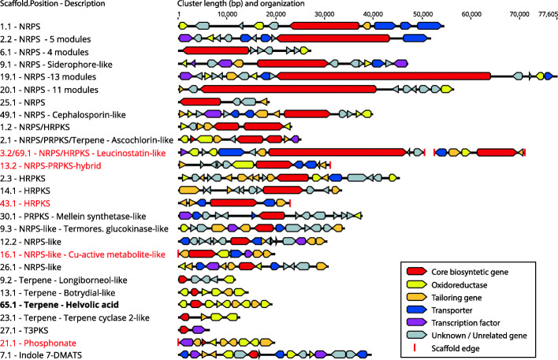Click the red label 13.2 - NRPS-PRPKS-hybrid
coord(53,165)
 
